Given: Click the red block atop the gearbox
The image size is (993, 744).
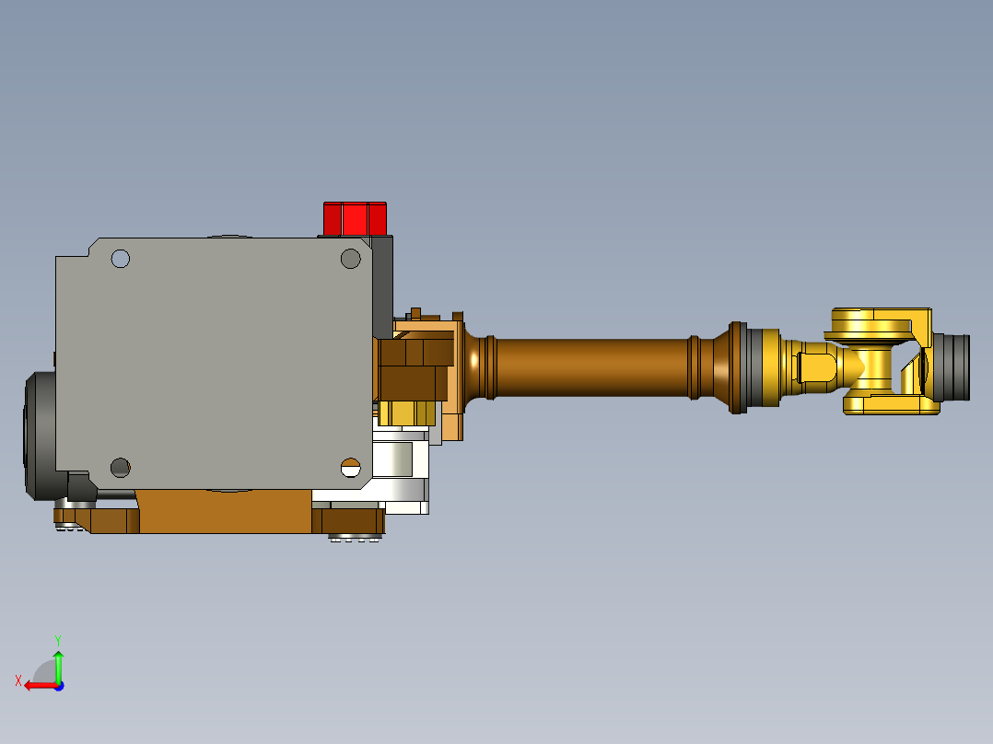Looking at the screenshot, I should point(355,218).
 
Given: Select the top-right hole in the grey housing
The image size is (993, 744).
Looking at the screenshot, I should point(350,259).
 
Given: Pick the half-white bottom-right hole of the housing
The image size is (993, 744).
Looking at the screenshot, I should point(350,467).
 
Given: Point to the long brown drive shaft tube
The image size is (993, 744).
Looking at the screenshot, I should point(590,367).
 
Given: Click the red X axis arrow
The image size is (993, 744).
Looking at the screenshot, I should point(37,685).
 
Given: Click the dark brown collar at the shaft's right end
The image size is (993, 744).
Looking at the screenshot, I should point(736,367).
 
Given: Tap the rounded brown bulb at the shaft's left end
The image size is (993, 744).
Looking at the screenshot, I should point(475,367).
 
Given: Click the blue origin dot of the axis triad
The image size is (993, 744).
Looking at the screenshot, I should point(58,685).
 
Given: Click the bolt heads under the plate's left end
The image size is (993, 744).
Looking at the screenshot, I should point(66,528).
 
